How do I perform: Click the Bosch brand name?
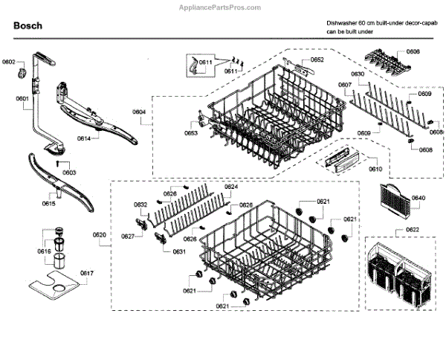28,25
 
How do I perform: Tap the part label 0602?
9,62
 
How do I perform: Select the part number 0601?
22,98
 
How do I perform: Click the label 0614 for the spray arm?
84,139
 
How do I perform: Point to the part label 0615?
48,202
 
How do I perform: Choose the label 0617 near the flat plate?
87,274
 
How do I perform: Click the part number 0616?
45,251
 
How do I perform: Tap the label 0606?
413,51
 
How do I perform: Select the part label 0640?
418,198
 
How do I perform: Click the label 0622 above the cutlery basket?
410,231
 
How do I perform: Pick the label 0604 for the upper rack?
139,112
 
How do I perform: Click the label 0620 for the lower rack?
99,235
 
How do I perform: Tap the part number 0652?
317,60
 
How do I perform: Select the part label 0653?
191,133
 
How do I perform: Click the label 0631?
179,251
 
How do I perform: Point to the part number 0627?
128,236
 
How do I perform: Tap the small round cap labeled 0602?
23,71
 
